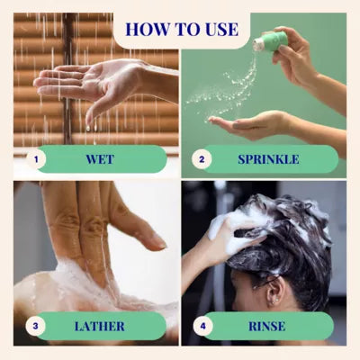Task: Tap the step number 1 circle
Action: click(36, 159)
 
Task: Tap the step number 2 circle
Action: click(202, 159)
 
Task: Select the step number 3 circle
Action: click(35, 326)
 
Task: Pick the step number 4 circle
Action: click(203, 326)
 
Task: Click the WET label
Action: click(100, 159)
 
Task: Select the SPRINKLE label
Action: click(268, 159)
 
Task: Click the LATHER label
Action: click(100, 326)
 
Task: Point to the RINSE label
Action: click(267, 326)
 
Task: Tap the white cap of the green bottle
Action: click(256, 44)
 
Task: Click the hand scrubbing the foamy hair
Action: click(237, 237)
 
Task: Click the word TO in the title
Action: click(183, 29)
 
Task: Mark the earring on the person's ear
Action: click(274, 299)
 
